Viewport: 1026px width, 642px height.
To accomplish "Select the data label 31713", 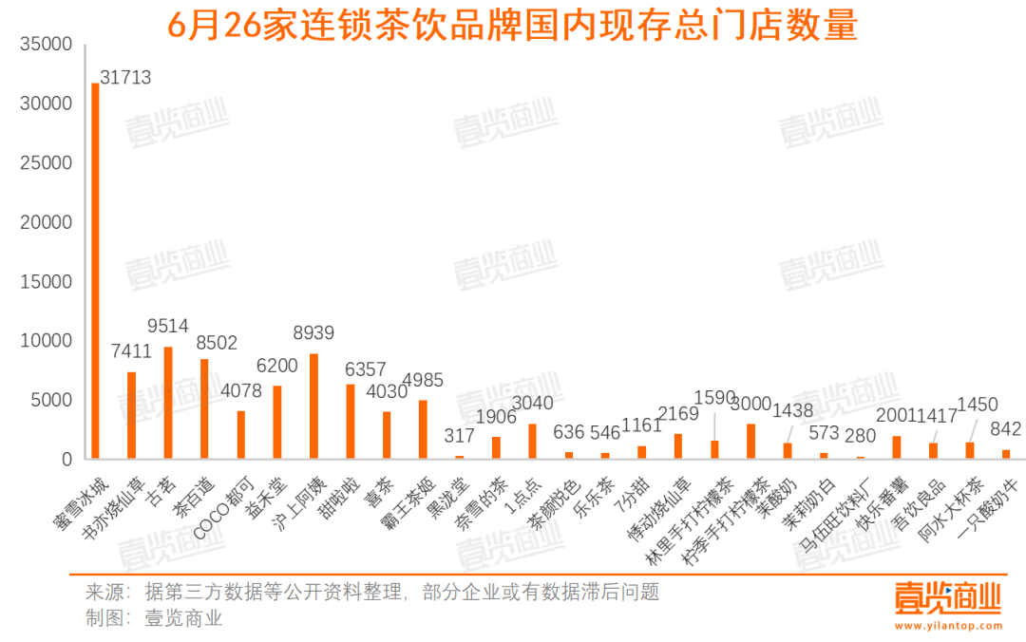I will pyautogui.click(x=125, y=77).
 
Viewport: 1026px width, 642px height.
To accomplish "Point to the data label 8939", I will pyautogui.click(x=313, y=332).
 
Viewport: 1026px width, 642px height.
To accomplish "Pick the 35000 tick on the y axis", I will pyautogui.click(x=46, y=44).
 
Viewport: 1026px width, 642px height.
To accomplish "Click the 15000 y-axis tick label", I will pyautogui.click(x=46, y=282).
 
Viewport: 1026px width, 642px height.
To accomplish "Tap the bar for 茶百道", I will pyautogui.click(x=204, y=408).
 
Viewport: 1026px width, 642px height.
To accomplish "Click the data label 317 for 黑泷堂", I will pyautogui.click(x=459, y=437).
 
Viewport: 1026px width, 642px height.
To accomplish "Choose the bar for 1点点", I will pyautogui.click(x=532, y=442).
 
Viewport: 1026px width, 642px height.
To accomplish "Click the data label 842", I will pyautogui.click(x=1006, y=429).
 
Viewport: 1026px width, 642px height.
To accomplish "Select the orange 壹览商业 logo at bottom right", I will pyautogui.click(x=947, y=598).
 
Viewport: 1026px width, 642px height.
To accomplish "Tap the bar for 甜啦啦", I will pyautogui.click(x=350, y=422).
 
